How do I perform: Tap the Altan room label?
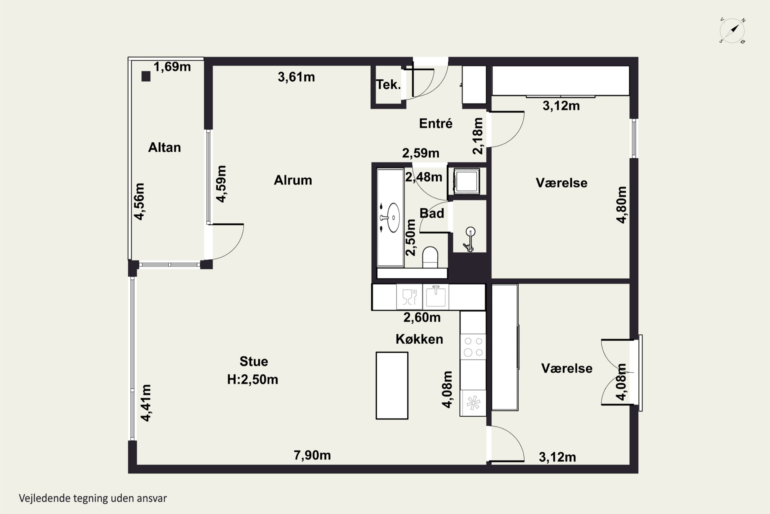coord(164,148)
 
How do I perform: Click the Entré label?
coord(436,123)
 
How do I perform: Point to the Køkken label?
coord(419,339)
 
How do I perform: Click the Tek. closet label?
coord(388,85)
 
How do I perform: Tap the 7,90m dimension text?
coord(312,455)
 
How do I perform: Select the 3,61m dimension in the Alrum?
coord(296,77)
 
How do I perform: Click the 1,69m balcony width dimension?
coord(172,67)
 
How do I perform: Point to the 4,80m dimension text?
coord(621,205)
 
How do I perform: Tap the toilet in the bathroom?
coord(430,257)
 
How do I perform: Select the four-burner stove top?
coord(473,347)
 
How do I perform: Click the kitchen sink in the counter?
coord(435,296)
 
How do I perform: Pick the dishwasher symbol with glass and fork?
coord(409,297)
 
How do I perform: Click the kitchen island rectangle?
coord(392,385)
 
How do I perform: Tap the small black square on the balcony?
coord(146,76)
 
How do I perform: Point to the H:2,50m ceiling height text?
coord(252,380)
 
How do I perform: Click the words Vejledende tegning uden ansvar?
coord(93,498)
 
